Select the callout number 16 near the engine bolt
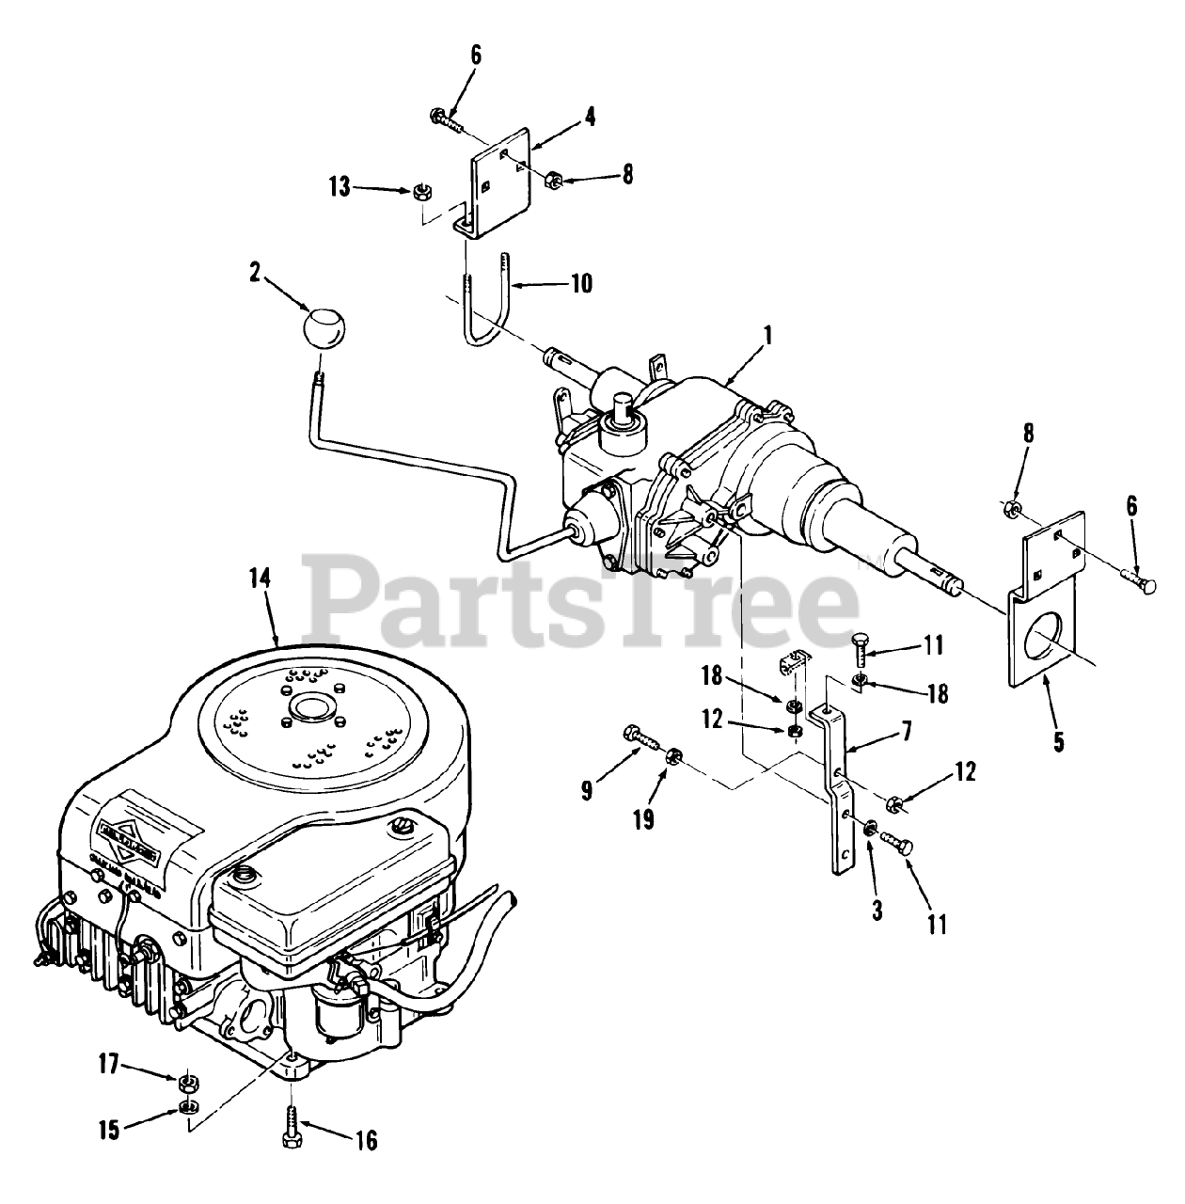pyautogui.click(x=365, y=1140)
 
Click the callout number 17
pyautogui.click(x=109, y=1065)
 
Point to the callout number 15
pyautogui.click(x=110, y=1129)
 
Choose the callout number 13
pyautogui.click(x=340, y=188)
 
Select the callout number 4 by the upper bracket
pyautogui.click(x=589, y=118)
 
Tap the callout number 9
pyautogui.click(x=587, y=790)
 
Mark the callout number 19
pyautogui.click(x=642, y=820)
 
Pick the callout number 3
pyautogui.click(x=877, y=911)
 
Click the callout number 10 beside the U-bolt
pyautogui.click(x=581, y=282)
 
